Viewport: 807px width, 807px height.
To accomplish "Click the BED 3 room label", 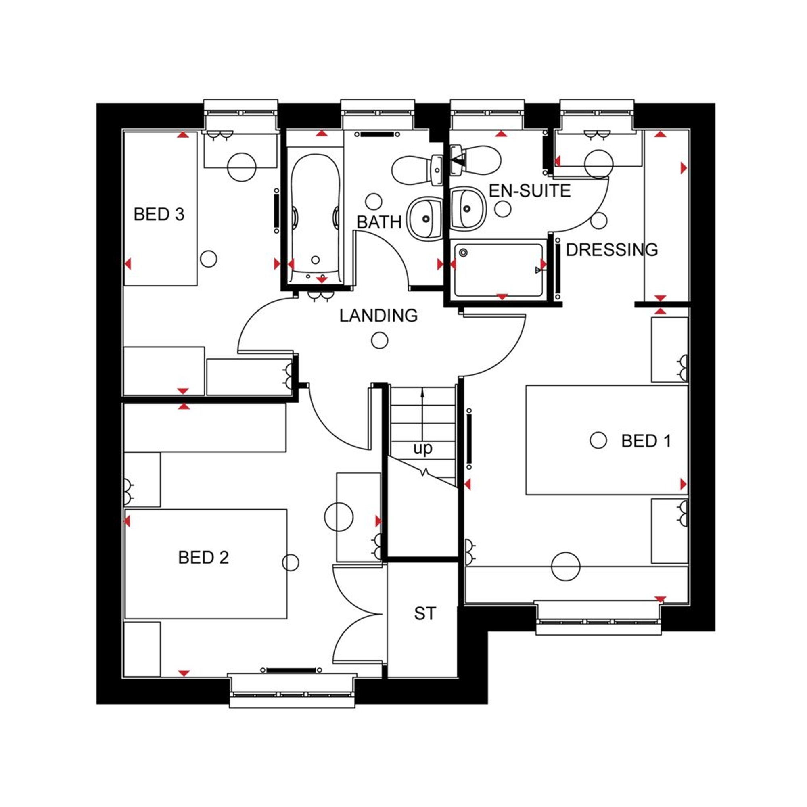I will (159, 214).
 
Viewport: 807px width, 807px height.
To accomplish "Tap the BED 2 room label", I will (203, 558).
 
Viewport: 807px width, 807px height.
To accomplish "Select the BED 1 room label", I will (646, 441).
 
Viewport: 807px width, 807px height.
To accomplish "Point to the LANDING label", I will (378, 316).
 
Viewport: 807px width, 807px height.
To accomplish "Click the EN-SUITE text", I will (530, 191).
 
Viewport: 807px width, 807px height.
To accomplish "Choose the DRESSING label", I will (612, 250).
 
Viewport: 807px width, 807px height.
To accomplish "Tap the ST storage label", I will (425, 614).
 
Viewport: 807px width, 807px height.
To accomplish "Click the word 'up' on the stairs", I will (423, 449).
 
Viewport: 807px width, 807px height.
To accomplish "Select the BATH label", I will (379, 222).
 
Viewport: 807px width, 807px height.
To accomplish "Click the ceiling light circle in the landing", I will (379, 341).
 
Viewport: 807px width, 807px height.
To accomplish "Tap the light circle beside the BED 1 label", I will (598, 440).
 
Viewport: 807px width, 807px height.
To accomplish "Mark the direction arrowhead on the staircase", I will (423, 392).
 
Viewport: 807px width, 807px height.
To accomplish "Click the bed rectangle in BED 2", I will (206, 564).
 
